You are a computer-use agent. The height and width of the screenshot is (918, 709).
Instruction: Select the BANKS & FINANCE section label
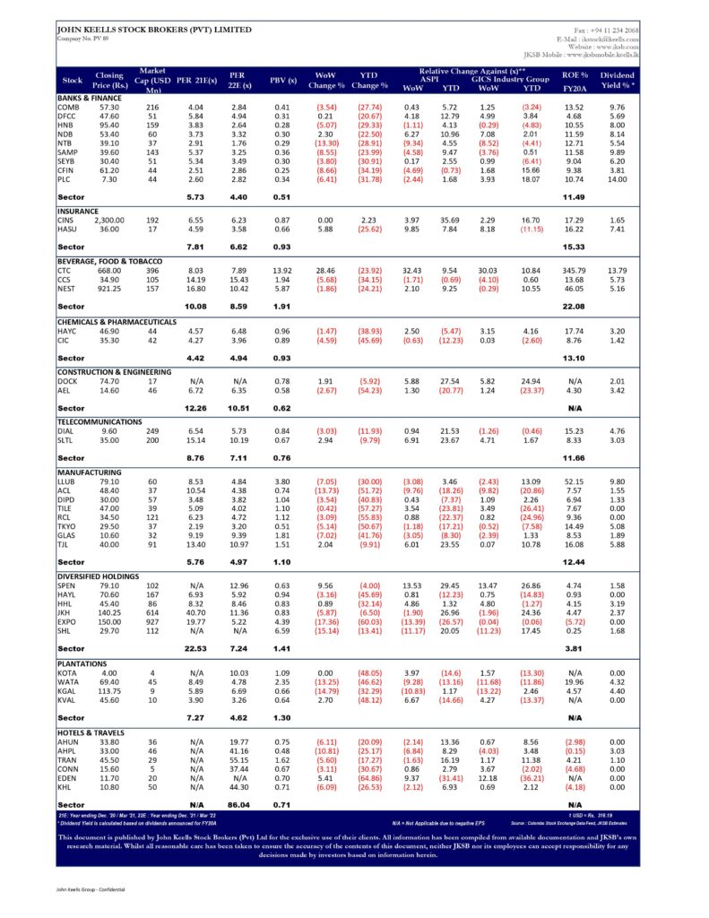tap(89, 97)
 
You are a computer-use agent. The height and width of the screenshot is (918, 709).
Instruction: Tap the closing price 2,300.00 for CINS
tap(112, 220)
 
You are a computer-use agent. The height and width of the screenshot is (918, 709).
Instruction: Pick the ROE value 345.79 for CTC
tap(574, 270)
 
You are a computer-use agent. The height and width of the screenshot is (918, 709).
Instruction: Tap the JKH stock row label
tap(65, 611)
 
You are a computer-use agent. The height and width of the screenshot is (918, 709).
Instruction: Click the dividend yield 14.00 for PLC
tap(617, 180)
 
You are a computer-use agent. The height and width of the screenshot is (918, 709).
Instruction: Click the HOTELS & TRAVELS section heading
tap(91, 733)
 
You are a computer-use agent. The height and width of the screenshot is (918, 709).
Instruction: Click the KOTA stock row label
tap(66, 673)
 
